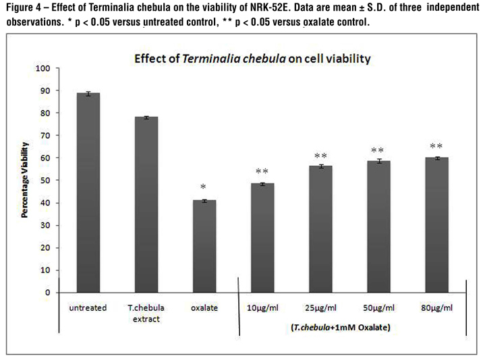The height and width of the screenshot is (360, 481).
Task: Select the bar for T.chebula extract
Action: (x=146, y=205)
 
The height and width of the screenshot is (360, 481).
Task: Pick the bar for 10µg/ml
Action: (x=262, y=238)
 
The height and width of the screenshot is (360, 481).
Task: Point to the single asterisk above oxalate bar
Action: (x=204, y=187)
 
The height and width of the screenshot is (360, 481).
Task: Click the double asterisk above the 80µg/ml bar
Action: (x=436, y=146)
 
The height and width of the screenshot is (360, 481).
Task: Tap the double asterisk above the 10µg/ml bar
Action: (x=262, y=172)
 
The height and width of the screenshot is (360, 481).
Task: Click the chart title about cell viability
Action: (x=252, y=59)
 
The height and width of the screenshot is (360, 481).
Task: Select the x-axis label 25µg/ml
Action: (x=320, y=308)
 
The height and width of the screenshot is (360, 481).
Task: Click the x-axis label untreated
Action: (x=88, y=308)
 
